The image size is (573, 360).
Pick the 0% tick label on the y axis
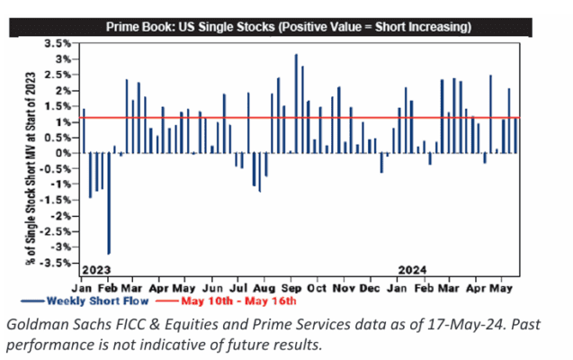61,153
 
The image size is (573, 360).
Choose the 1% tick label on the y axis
61,121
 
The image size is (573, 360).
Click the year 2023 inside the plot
95,269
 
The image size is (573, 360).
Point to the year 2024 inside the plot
414,269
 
